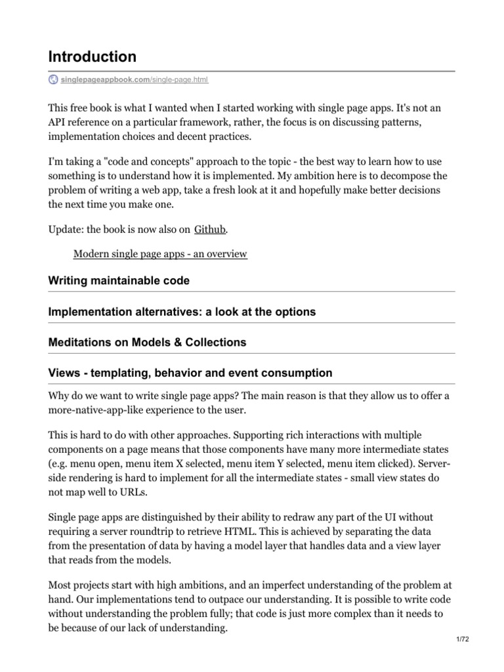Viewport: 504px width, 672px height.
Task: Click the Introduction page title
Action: pyautogui.click(x=93, y=56)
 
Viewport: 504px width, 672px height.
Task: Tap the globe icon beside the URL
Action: pyautogui.click(x=54, y=79)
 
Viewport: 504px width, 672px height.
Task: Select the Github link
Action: pyautogui.click(x=211, y=229)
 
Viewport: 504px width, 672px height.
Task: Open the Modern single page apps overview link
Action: pyautogui.click(x=160, y=253)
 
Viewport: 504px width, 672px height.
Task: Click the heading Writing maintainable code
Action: pyautogui.click(x=119, y=280)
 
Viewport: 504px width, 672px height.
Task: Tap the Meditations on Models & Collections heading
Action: pyautogui.click(x=147, y=342)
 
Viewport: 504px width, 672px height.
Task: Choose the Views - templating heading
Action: pyautogui.click(x=190, y=373)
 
